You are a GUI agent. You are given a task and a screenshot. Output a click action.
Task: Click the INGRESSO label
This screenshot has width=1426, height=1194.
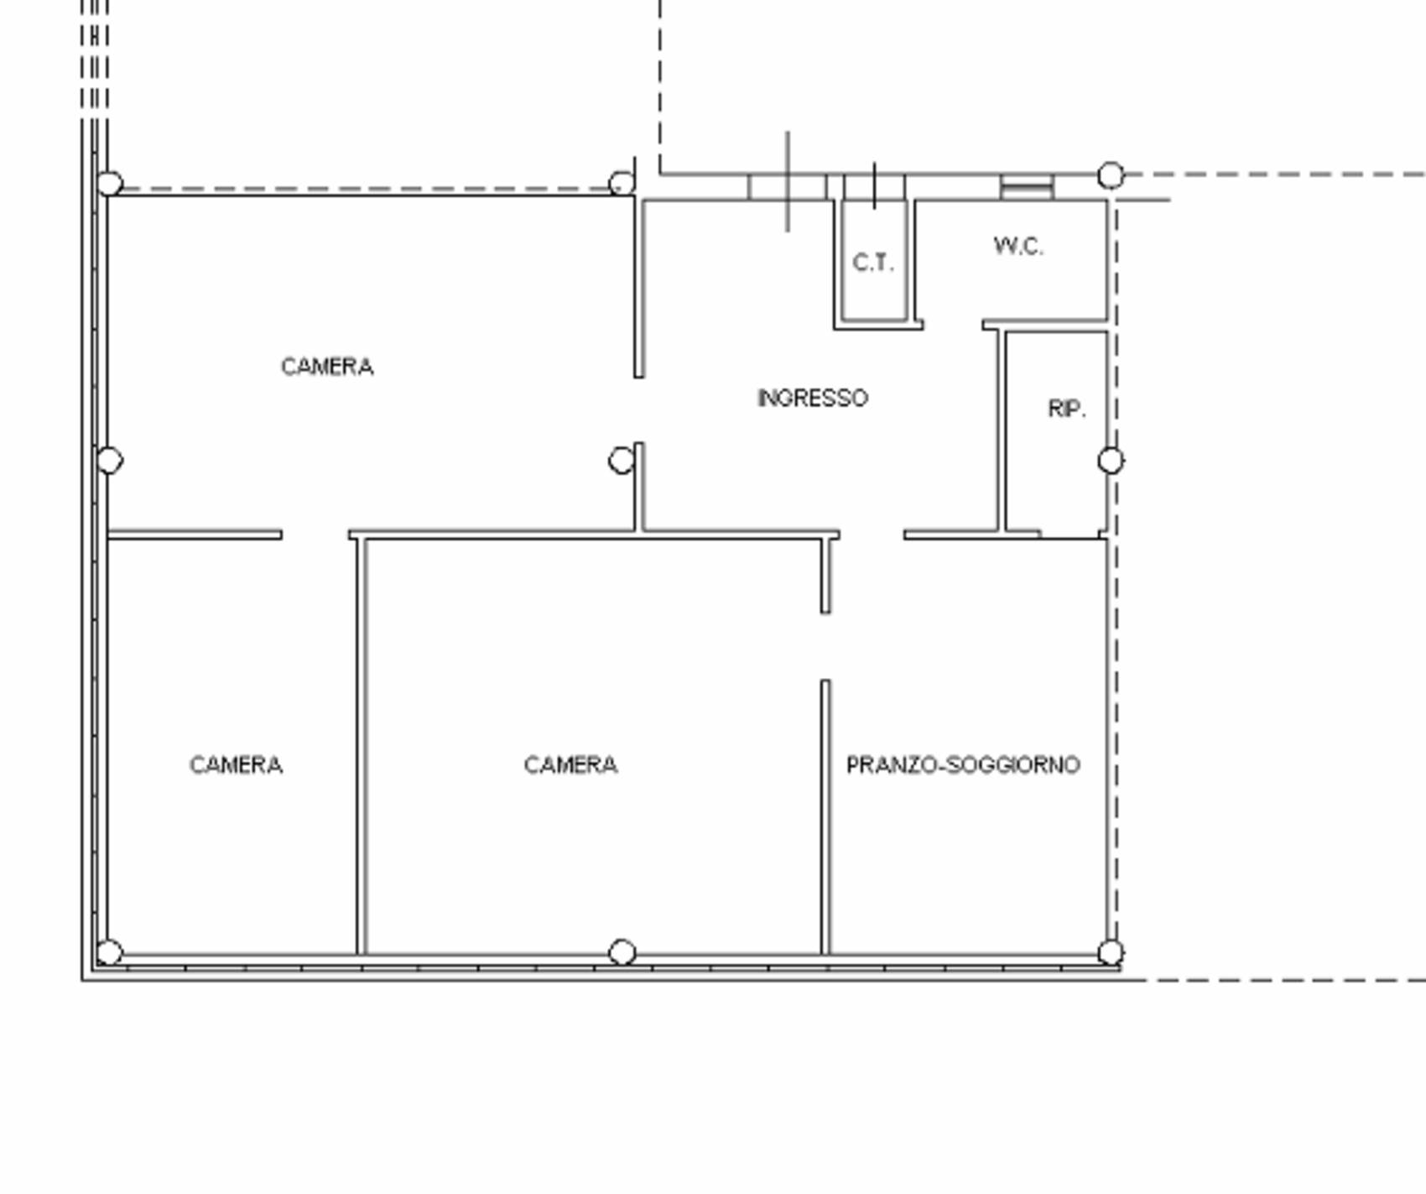pyautogui.click(x=812, y=398)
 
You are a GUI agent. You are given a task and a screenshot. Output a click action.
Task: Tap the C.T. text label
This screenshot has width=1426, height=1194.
pyautogui.click(x=873, y=263)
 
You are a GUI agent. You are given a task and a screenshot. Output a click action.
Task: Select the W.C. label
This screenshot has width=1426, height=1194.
pyautogui.click(x=1018, y=246)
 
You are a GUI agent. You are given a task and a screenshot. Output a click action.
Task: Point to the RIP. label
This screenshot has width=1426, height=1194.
pyautogui.click(x=1067, y=409)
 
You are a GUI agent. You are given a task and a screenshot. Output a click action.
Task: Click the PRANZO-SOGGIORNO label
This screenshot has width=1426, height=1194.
pyautogui.click(x=963, y=765)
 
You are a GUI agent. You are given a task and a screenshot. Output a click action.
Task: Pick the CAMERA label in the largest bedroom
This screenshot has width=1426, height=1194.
pyautogui.click(x=327, y=367)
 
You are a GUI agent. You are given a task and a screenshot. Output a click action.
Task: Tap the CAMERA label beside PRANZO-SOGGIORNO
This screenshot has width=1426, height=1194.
pyautogui.click(x=570, y=765)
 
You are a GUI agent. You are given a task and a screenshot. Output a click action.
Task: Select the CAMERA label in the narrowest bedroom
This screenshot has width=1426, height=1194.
pyautogui.click(x=236, y=765)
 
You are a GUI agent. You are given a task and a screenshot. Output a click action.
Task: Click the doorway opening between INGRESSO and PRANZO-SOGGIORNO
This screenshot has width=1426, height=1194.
pyautogui.click(x=872, y=534)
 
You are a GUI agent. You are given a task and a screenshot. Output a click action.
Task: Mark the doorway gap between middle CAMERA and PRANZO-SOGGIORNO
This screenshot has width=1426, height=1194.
pyautogui.click(x=825, y=647)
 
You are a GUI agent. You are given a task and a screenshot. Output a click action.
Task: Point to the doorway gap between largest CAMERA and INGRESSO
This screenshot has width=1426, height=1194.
pyautogui.click(x=639, y=410)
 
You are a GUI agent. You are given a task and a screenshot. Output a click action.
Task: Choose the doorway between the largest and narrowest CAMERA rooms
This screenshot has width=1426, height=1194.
pyautogui.click(x=315, y=534)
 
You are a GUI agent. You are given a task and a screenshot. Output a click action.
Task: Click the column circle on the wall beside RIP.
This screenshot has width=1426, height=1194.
pyautogui.click(x=1111, y=461)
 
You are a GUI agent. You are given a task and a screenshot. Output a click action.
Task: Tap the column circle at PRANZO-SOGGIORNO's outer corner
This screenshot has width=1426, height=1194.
pyautogui.click(x=1111, y=952)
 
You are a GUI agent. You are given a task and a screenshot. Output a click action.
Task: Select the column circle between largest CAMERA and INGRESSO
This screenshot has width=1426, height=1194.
pyautogui.click(x=621, y=461)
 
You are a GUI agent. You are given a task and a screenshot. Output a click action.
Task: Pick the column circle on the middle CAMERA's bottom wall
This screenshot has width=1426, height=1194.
pyautogui.click(x=622, y=952)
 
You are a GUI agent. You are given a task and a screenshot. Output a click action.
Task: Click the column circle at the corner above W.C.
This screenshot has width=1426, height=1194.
pyautogui.click(x=1111, y=175)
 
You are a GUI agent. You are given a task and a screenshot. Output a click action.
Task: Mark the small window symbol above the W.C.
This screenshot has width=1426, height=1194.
pyautogui.click(x=1027, y=187)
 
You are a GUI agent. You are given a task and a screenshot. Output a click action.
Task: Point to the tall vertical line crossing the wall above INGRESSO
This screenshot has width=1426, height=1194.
pyautogui.click(x=787, y=181)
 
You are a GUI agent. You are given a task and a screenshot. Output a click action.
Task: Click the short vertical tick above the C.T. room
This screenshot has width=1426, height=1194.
pyautogui.click(x=874, y=185)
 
